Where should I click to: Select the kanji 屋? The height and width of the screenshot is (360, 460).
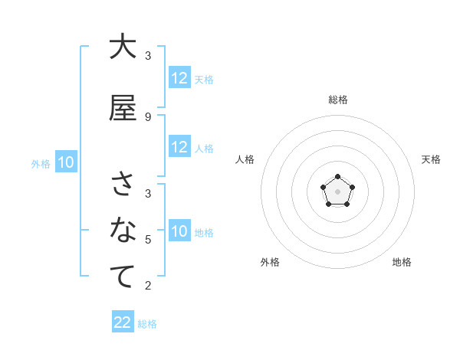coord(122,108)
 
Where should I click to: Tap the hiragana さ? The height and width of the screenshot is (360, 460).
coord(122,185)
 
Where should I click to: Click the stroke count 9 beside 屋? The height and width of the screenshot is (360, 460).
coord(147,116)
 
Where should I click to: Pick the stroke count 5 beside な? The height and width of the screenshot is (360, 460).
coord(147,240)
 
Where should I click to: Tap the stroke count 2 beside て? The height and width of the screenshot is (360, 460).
coord(147,286)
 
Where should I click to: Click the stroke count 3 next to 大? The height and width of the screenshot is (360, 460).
coord(147,55)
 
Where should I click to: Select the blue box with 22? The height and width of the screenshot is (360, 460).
coord(123,322)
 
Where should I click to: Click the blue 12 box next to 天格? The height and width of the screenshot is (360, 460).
coord(179,78)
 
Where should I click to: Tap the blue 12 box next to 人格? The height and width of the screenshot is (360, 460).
coord(179,147)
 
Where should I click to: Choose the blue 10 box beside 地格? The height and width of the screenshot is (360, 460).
coord(179,231)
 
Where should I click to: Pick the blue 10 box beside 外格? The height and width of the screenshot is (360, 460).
coord(65,162)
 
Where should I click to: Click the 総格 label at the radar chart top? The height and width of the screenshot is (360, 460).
coord(337,100)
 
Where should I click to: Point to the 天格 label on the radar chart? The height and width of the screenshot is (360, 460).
coord(431,159)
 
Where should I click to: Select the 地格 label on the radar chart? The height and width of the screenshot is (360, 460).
coord(402,262)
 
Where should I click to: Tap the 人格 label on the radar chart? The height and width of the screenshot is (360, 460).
coord(245,159)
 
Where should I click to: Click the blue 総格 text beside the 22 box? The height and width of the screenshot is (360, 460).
coord(147,324)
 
